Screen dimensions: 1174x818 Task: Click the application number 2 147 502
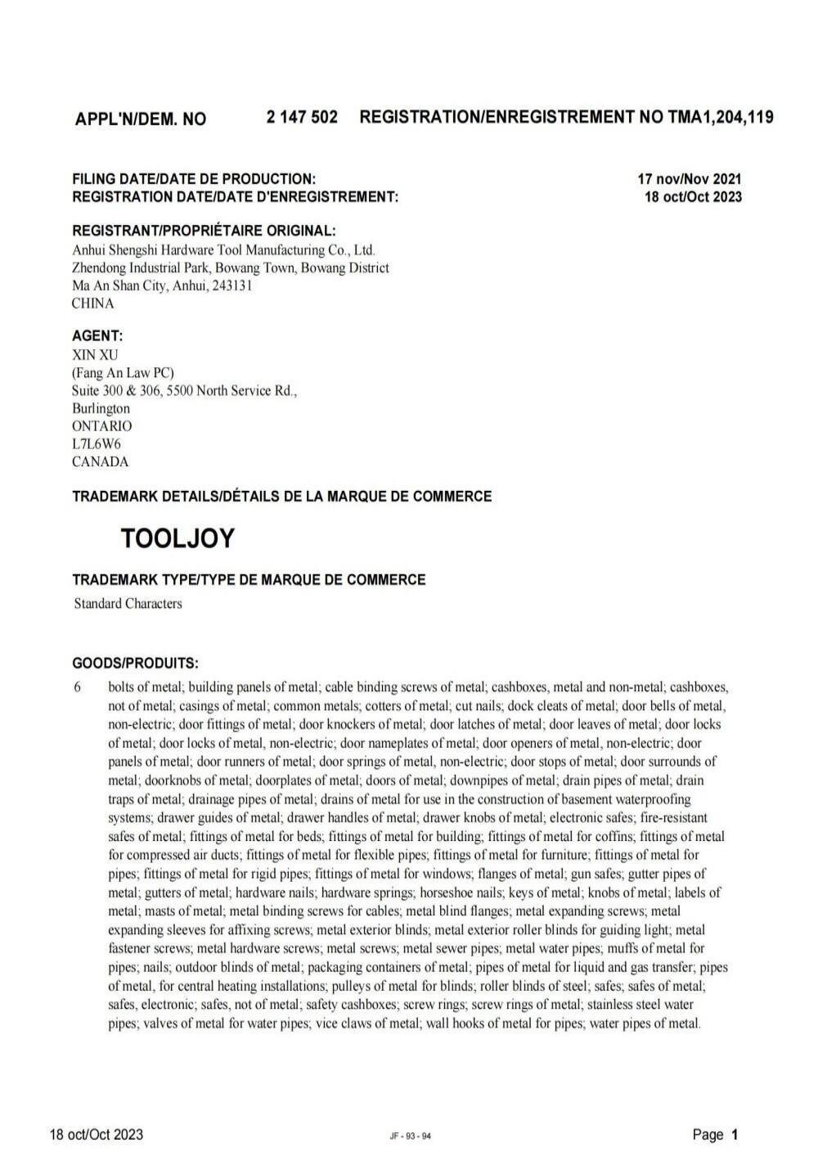pyautogui.click(x=302, y=117)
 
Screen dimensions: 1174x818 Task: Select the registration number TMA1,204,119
pyautogui.click(x=721, y=117)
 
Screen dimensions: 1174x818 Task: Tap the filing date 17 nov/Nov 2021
pyautogui.click(x=690, y=178)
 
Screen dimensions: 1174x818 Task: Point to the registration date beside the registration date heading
pyautogui.click(x=693, y=196)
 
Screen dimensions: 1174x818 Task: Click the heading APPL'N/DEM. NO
pyautogui.click(x=141, y=119)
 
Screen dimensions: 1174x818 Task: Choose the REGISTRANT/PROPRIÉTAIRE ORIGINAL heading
pyautogui.click(x=204, y=231)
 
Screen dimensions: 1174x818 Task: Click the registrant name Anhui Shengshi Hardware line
pyautogui.click(x=223, y=250)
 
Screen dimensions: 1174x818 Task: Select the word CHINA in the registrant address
pyautogui.click(x=93, y=304)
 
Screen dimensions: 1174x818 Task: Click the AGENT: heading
pyautogui.click(x=98, y=336)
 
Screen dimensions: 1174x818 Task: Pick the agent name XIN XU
pyautogui.click(x=95, y=354)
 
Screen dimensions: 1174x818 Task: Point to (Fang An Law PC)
pyautogui.click(x=123, y=372)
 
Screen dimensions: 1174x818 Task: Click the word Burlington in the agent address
pyautogui.click(x=101, y=408)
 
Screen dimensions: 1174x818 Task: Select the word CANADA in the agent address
pyautogui.click(x=101, y=461)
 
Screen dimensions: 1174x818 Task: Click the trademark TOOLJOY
pyautogui.click(x=178, y=538)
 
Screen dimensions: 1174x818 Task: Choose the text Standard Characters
pyautogui.click(x=128, y=604)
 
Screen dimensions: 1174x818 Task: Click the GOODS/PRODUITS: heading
pyautogui.click(x=135, y=662)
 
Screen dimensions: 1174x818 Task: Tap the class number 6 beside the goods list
pyautogui.click(x=78, y=687)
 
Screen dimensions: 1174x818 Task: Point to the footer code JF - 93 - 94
pyautogui.click(x=411, y=1136)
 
